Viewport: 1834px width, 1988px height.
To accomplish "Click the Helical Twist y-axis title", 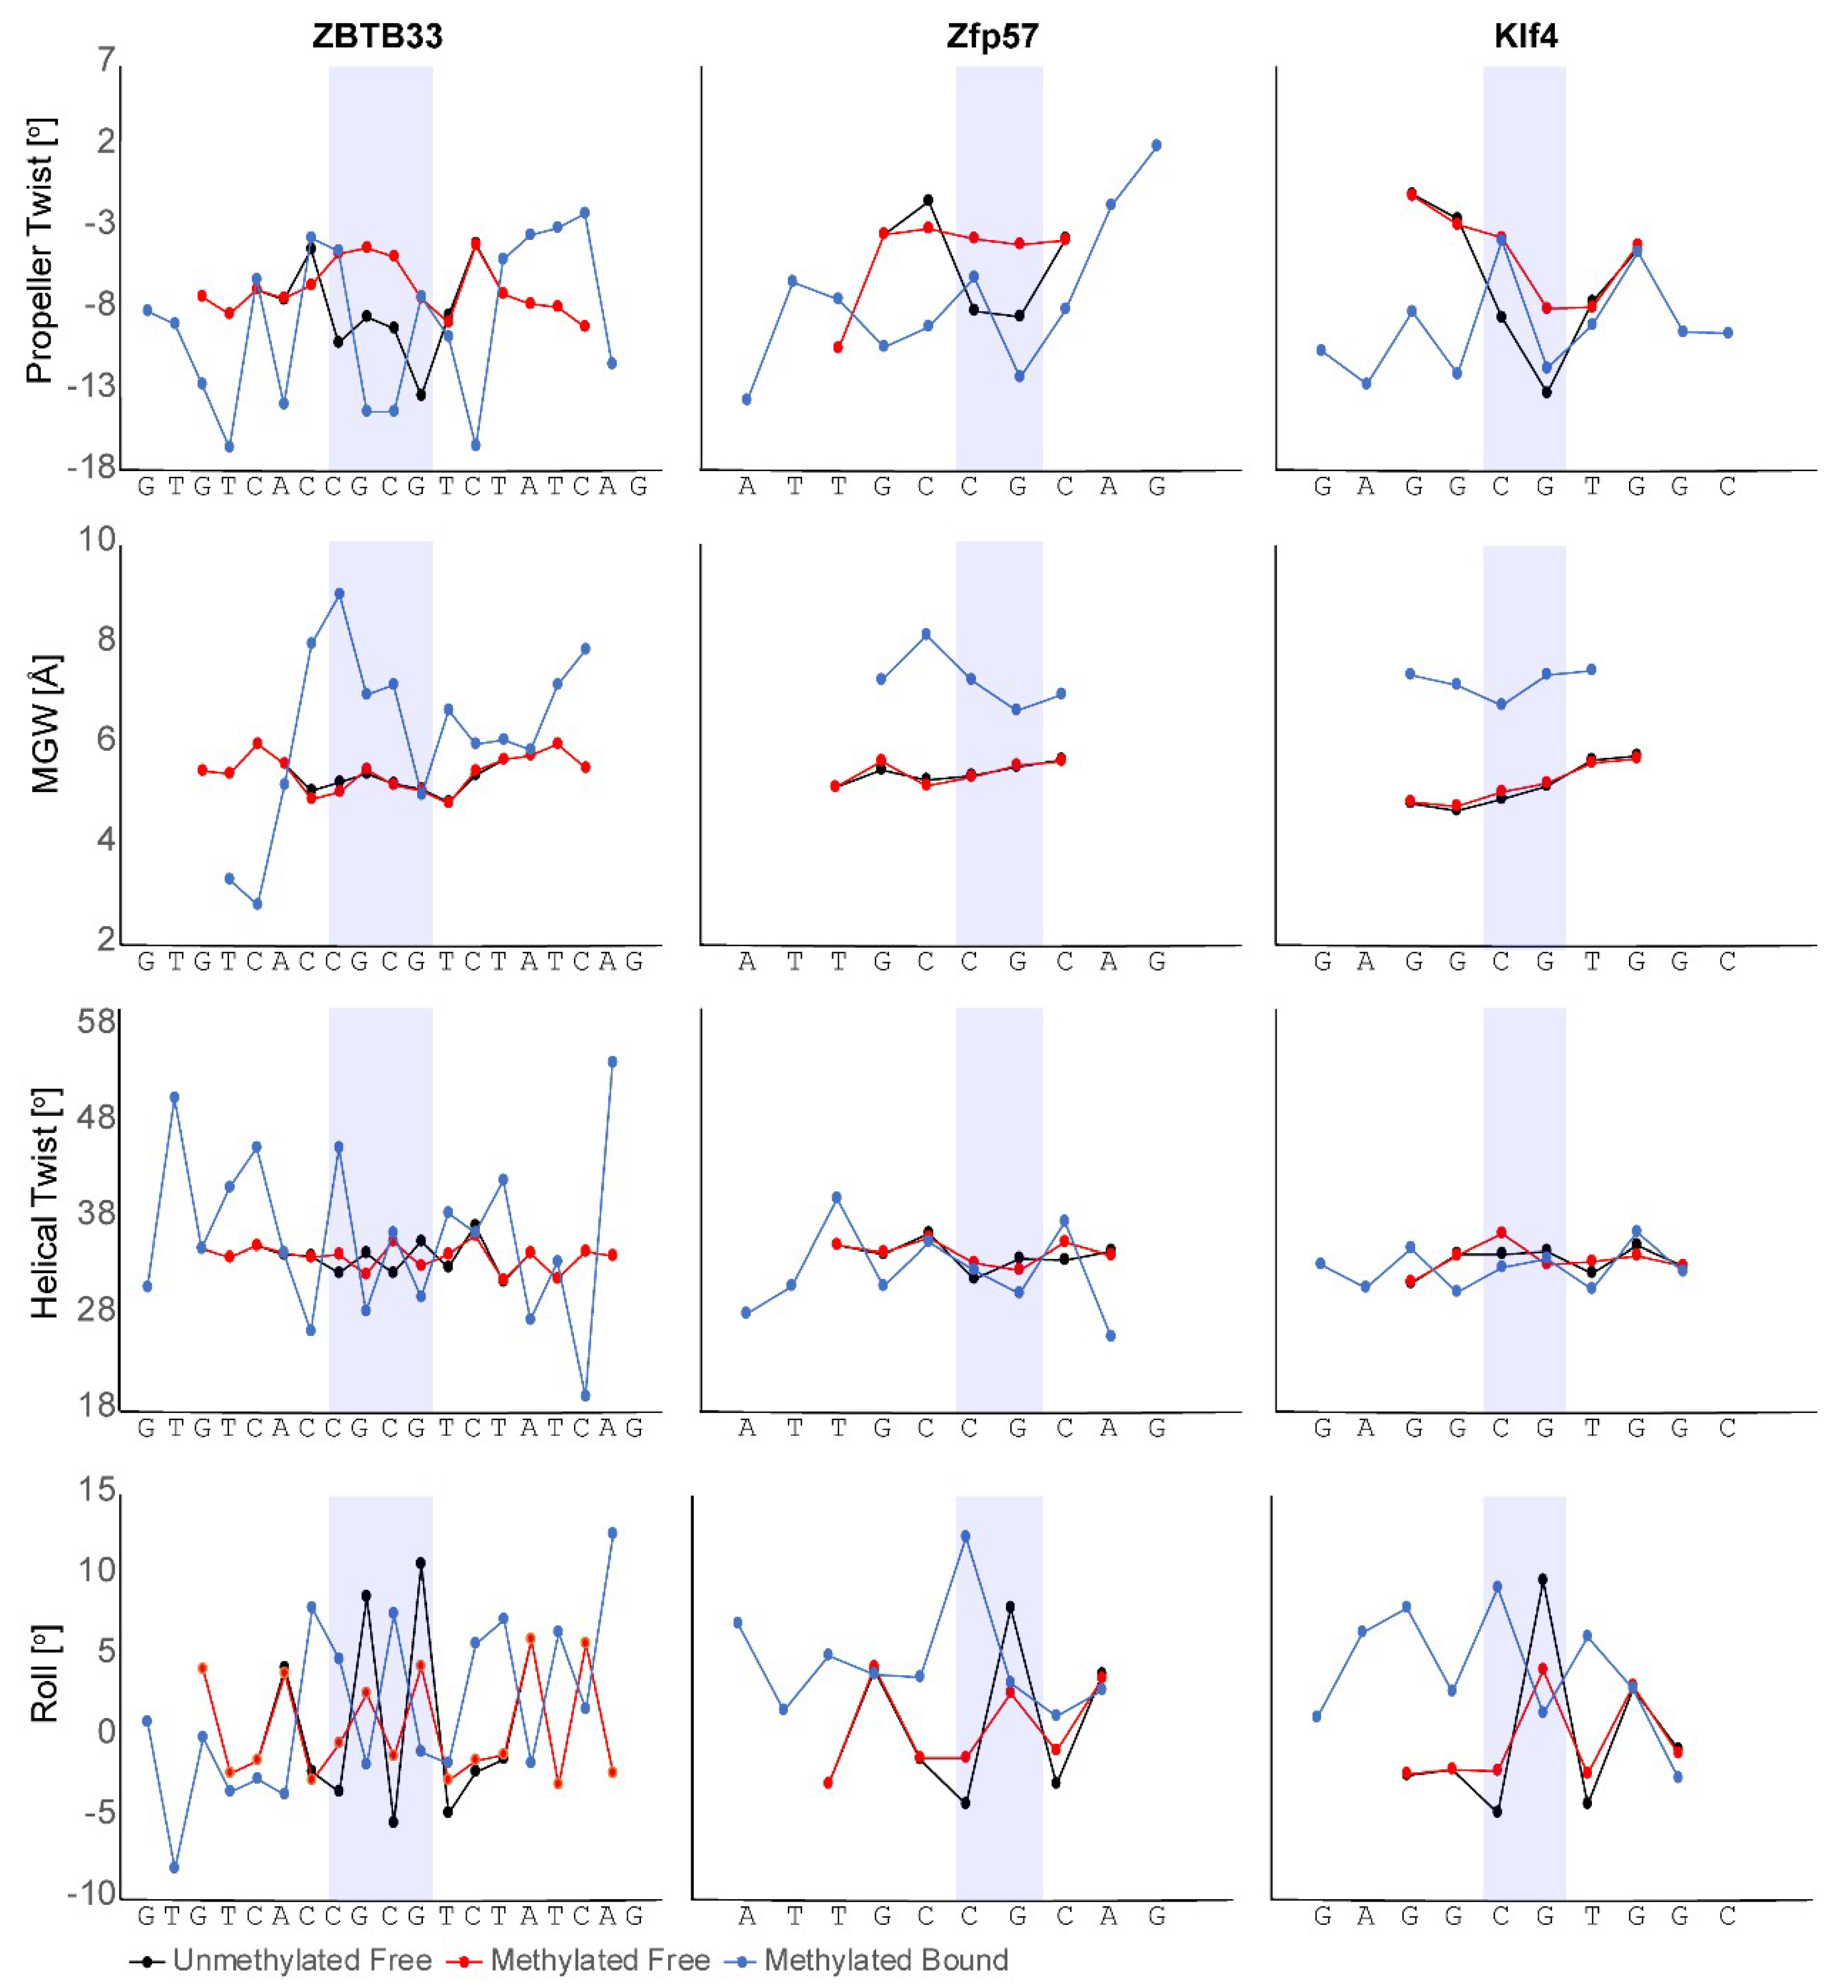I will point(44,1203).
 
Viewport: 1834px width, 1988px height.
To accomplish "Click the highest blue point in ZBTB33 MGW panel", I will point(339,593).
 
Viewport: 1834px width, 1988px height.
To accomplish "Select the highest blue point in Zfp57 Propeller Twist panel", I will point(1156,145).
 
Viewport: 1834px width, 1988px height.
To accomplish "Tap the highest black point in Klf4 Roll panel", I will point(1542,1579).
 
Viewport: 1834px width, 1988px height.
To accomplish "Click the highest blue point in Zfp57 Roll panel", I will point(966,1536).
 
